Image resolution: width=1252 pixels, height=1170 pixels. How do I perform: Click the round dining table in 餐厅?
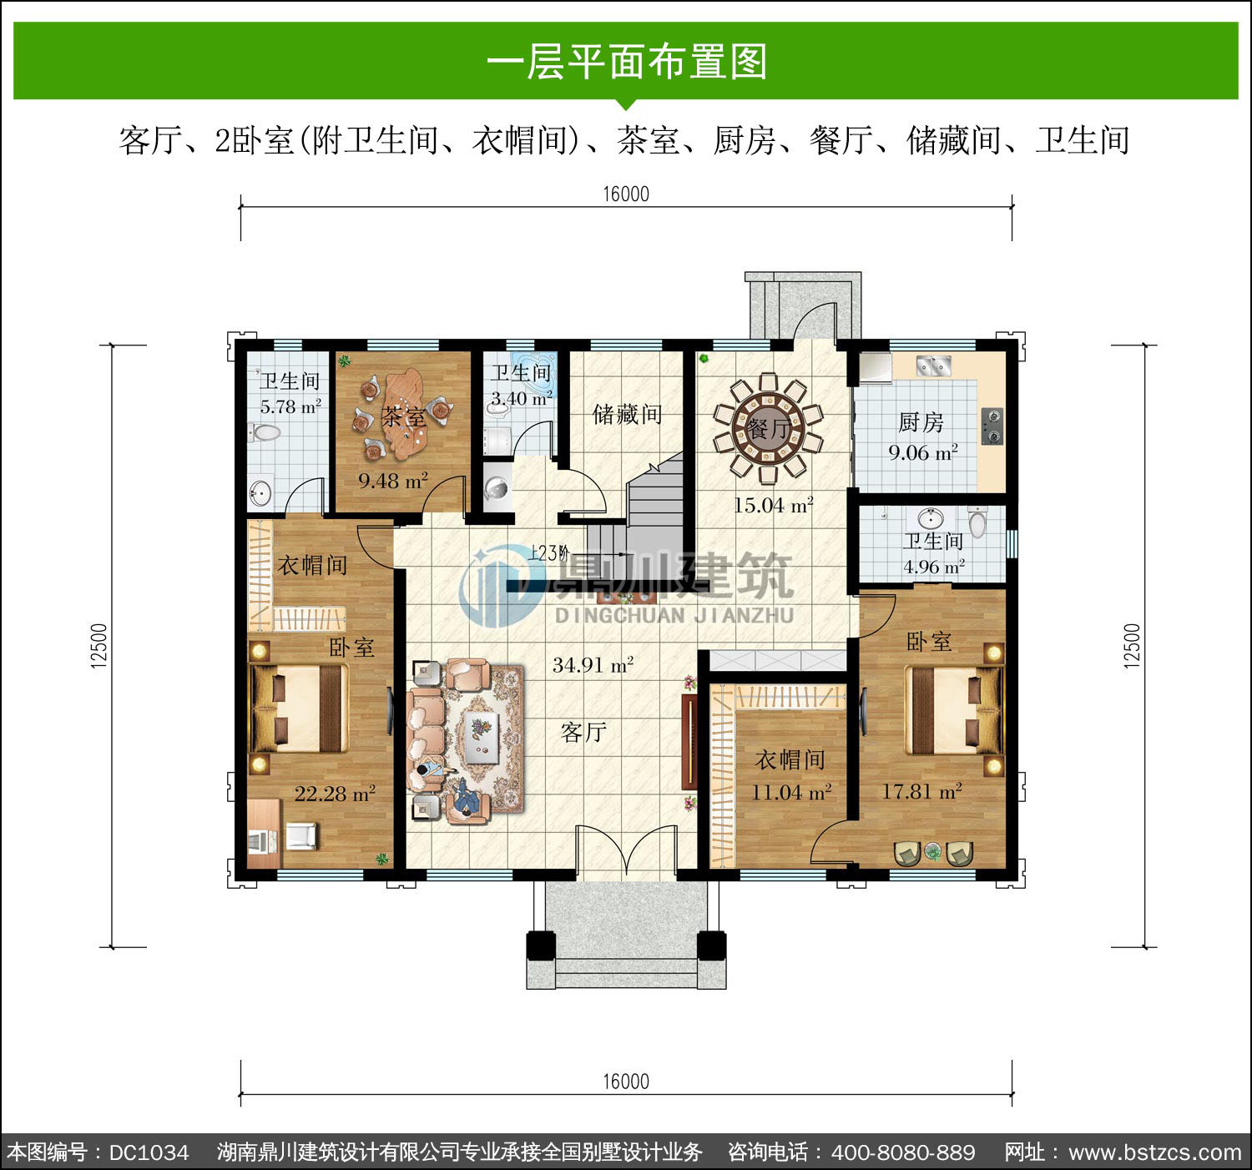tap(768, 428)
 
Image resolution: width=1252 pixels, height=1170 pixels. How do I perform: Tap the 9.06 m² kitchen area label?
tap(923, 452)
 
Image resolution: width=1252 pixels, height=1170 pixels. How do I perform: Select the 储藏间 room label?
tap(628, 414)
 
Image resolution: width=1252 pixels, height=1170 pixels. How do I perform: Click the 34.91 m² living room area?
tap(593, 664)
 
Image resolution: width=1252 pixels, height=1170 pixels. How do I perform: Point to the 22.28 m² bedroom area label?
tap(335, 793)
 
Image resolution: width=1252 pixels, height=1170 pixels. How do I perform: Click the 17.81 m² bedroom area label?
tap(921, 790)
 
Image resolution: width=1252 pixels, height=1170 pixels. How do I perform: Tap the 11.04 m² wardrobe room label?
tap(790, 792)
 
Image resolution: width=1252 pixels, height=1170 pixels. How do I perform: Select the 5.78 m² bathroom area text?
tap(290, 406)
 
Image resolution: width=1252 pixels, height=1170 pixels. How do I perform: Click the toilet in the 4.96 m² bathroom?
tap(977, 522)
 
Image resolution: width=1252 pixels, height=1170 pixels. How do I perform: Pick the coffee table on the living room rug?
tap(482, 734)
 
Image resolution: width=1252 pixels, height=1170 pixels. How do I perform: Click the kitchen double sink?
tap(933, 365)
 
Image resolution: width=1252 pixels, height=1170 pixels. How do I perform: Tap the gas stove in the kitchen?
tap(992, 426)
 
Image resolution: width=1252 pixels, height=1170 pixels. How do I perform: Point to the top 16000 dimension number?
tap(626, 194)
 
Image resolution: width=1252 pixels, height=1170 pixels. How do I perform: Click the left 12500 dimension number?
tap(99, 646)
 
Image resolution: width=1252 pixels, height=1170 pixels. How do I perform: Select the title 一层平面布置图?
tap(627, 62)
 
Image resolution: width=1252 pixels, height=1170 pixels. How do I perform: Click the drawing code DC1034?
tap(149, 1152)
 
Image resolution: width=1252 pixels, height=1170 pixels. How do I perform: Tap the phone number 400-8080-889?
tap(903, 1152)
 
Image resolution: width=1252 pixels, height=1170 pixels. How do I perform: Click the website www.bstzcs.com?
tap(1155, 1152)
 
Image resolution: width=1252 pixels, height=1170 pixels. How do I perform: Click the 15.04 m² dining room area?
tap(774, 504)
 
